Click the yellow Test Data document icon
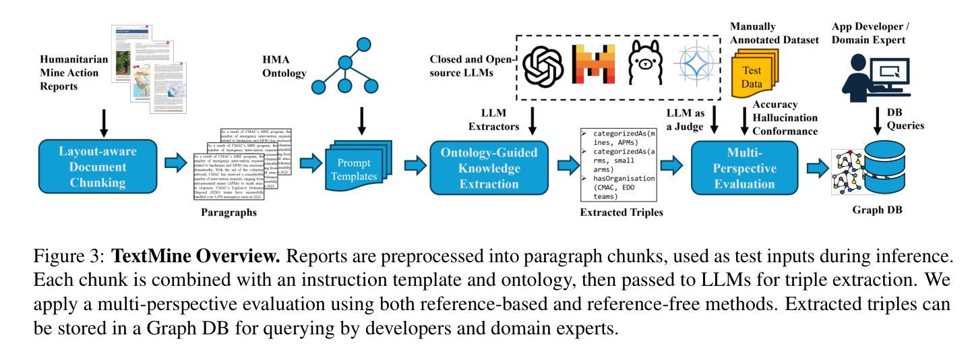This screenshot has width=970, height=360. pos(756,78)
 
